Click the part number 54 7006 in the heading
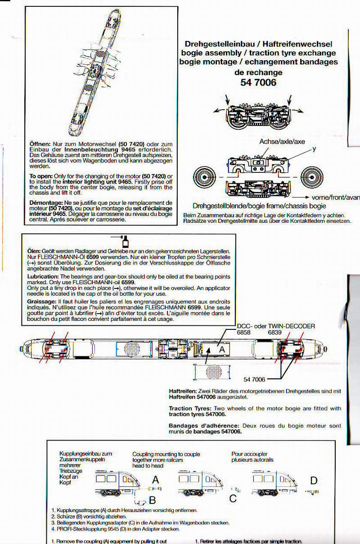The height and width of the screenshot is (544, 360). pos(258,82)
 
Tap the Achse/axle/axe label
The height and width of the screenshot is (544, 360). pos(282,142)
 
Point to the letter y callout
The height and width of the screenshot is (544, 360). pos(315,148)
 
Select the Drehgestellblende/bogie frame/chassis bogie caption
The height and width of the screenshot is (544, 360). pos(259,205)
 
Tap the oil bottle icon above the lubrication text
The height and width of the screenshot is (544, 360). pos(126,241)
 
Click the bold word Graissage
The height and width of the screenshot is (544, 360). pos(42,301)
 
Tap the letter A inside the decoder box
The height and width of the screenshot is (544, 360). pos(221,349)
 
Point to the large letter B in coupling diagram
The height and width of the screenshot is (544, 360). pos(153,499)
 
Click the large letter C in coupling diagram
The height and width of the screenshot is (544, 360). pos(233,499)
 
